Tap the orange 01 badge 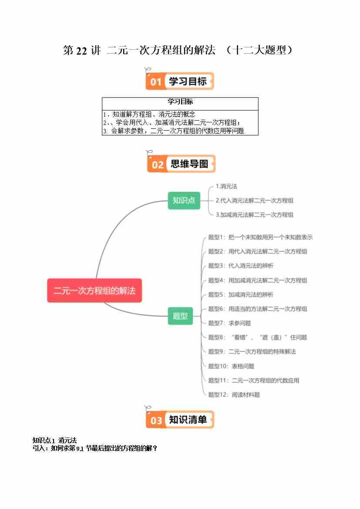point(156,82)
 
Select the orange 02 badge point(158,164)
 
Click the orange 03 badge point(156,420)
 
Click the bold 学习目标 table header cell point(180,102)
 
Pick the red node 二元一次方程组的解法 point(94,290)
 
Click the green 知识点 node point(184,200)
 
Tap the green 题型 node point(180,316)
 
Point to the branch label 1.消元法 point(226,186)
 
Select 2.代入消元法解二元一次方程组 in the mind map point(254,201)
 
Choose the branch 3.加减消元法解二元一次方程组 point(254,215)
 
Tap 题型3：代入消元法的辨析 point(240,266)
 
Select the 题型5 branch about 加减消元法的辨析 point(240,295)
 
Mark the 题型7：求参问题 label point(229,323)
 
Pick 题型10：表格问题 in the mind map point(231,366)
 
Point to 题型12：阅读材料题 point(234,395)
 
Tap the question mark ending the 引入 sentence point(155,448)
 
